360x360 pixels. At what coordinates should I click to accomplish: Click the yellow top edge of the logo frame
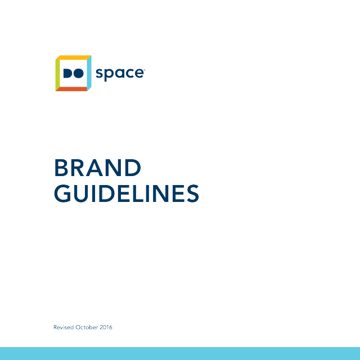tap(73, 57)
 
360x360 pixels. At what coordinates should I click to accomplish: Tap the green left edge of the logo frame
tap(57, 73)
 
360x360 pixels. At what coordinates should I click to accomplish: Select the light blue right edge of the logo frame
tap(89, 73)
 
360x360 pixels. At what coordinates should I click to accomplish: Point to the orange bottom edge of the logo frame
tap(71, 89)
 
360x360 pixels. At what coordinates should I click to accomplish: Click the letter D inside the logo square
tap(67, 73)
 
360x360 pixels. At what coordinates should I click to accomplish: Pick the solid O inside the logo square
tap(78, 73)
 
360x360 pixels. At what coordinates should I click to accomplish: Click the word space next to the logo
tap(119, 74)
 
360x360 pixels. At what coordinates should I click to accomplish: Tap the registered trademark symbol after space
tap(144, 70)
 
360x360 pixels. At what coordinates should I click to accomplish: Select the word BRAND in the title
tap(97, 168)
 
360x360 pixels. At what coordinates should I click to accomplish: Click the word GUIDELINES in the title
tap(127, 193)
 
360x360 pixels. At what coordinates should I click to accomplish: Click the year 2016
tap(106, 327)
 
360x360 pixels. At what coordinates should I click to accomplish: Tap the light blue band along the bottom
tap(180, 354)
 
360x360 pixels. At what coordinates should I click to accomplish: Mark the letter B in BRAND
tap(61, 168)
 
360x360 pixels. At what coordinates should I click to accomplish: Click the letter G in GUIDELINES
tap(62, 193)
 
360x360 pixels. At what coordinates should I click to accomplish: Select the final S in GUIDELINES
tap(193, 193)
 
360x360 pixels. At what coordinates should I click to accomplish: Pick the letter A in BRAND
tap(94, 168)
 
